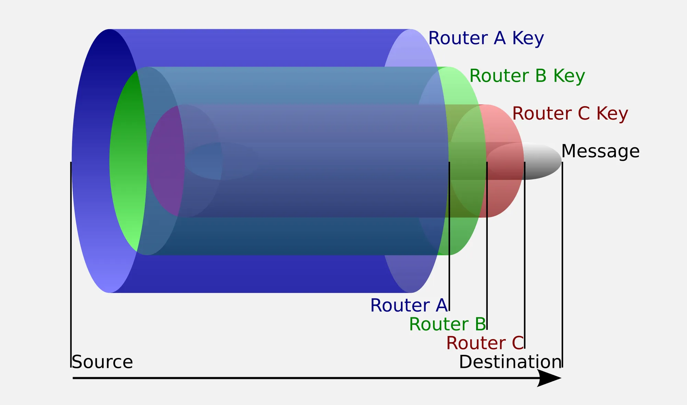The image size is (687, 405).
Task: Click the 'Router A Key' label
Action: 486,38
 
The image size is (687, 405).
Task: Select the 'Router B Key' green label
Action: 527,76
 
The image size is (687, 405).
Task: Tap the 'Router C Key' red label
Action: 570,114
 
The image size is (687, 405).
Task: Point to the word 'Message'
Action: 600,151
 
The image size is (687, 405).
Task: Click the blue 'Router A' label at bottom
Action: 409,305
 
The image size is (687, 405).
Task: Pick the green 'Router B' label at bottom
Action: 447,324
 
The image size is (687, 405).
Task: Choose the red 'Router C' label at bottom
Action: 485,343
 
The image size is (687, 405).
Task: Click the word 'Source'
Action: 102,362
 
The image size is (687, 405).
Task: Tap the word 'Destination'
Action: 510,362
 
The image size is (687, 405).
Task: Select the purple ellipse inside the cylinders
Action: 165,161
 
